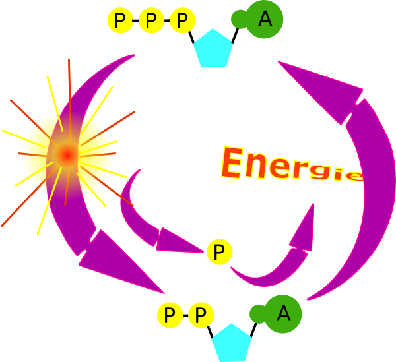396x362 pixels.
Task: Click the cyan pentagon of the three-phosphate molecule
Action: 215,48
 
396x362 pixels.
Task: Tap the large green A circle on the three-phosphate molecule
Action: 265,20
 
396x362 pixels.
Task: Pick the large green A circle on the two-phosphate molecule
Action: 284,313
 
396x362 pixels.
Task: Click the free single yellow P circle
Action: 219,251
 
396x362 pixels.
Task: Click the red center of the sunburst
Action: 67,154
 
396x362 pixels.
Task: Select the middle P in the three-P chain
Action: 151,21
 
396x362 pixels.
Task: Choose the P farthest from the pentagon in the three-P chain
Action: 119,21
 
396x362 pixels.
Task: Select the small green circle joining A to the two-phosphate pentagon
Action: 257,313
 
